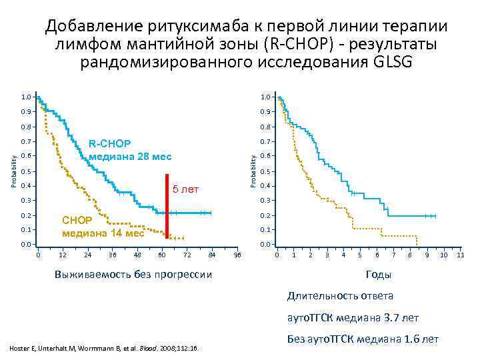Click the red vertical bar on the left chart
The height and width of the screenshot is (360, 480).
(x=167, y=206)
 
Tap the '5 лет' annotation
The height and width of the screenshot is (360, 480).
(x=186, y=190)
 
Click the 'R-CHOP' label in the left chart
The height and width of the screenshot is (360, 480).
(x=110, y=144)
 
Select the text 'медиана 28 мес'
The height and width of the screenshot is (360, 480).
(x=130, y=157)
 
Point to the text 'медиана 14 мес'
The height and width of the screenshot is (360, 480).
(x=103, y=233)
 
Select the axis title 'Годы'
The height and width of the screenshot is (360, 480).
(x=379, y=275)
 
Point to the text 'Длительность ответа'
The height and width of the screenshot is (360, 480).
(x=340, y=295)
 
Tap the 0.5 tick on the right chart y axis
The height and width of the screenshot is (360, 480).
(x=266, y=171)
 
